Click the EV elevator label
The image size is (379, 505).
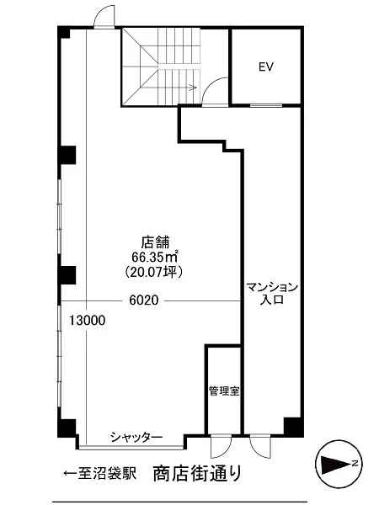[266, 66]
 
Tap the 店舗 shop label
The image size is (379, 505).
[156, 242]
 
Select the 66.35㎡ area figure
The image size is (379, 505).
[155, 257]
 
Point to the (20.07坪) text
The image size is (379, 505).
[155, 272]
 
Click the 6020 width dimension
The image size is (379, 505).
[144, 300]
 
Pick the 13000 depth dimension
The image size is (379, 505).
[88, 321]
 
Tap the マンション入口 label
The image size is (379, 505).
[272, 293]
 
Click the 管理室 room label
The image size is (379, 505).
[224, 391]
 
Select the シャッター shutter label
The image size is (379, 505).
[136, 437]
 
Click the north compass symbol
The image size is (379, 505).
[339, 464]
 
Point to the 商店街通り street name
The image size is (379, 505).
[197, 473]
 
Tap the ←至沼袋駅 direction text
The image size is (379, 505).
[99, 473]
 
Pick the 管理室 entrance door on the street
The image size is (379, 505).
[221, 446]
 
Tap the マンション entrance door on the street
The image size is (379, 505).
[261, 446]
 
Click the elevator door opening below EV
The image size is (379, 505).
[266, 105]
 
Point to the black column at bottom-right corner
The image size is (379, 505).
[293, 427]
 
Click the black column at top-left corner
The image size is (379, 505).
[63, 32]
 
